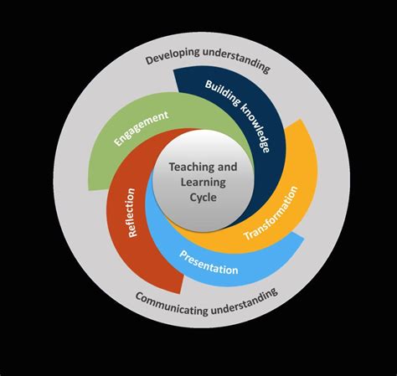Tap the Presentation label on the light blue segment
click(x=209, y=261)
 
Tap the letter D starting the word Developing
click(x=148, y=60)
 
